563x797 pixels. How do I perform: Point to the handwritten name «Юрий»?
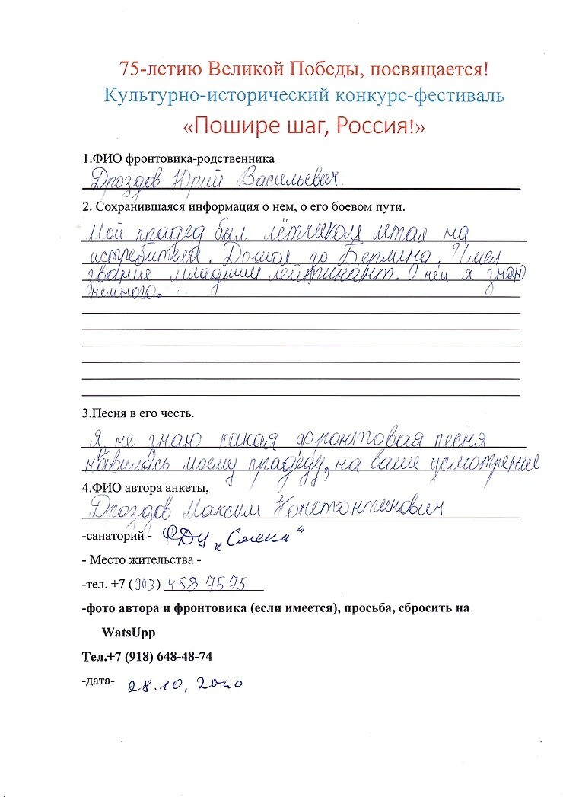[199, 181]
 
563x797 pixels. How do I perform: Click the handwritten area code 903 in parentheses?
[145, 584]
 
